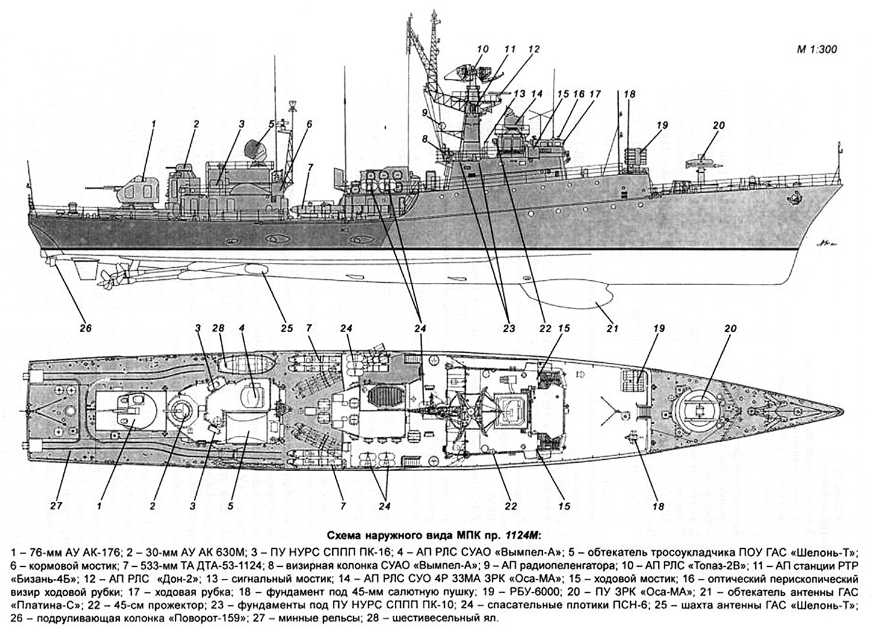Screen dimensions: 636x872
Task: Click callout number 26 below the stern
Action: pyautogui.click(x=85, y=329)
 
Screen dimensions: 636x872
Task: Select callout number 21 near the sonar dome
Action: pyautogui.click(x=613, y=329)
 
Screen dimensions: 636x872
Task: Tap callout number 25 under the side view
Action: pyautogui.click(x=286, y=329)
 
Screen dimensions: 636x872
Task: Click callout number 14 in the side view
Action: pyautogui.click(x=537, y=94)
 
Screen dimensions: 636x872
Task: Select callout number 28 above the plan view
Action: pyautogui.click(x=217, y=328)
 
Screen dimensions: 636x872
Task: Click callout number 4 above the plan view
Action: pyautogui.click(x=242, y=328)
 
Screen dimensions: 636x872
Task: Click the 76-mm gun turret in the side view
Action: pyautogui.click(x=140, y=190)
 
